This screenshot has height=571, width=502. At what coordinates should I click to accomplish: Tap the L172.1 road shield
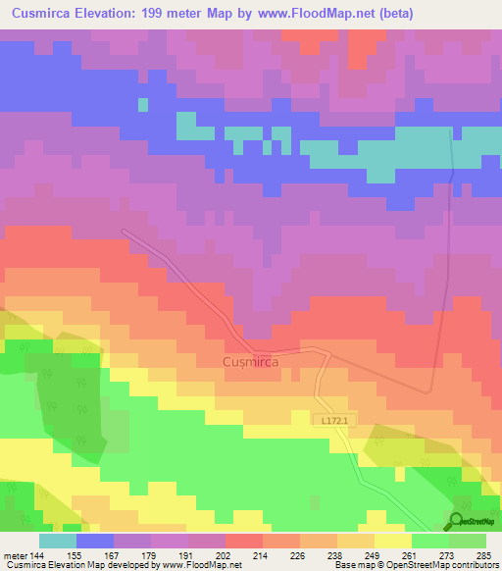[x=333, y=419]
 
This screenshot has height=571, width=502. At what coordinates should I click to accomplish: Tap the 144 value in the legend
[x=35, y=554]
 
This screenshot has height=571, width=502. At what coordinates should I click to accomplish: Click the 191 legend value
[x=186, y=554]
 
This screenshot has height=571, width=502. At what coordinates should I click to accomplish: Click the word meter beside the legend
[x=14, y=554]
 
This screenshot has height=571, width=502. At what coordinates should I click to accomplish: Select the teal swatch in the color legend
[x=58, y=541]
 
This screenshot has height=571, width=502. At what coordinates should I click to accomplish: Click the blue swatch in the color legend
[x=95, y=541]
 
